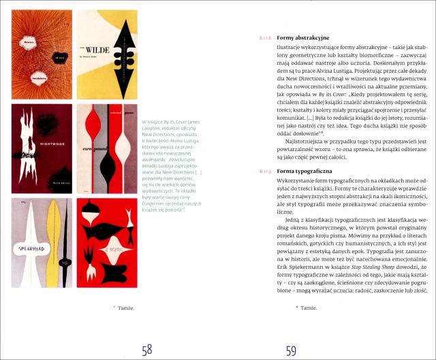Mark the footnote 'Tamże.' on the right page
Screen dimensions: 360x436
[307, 308]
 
